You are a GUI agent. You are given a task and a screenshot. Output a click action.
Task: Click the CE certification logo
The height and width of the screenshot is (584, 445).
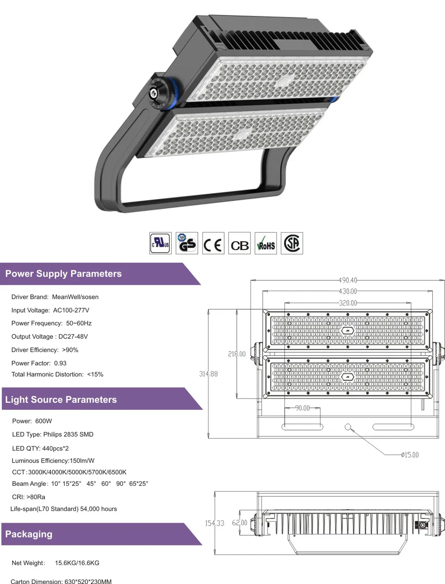tap(213, 243)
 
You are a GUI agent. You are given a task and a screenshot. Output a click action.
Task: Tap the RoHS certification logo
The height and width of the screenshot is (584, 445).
tap(266, 243)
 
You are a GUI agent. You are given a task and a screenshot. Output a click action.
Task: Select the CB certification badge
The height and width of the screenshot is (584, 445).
tap(239, 243)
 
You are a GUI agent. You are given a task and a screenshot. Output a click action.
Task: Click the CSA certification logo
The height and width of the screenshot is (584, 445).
tap(292, 243)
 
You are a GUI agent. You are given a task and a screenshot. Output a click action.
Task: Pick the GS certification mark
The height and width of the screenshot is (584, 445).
tap(187, 243)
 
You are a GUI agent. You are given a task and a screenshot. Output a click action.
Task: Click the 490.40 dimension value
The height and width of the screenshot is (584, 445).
tap(348, 280)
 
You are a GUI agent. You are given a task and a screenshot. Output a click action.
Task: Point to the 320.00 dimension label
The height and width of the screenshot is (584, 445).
tap(348, 303)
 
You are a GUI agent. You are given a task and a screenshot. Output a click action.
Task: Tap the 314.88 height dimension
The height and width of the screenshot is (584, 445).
tap(208, 374)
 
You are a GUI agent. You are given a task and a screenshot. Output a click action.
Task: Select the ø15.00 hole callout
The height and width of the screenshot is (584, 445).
tap(410, 455)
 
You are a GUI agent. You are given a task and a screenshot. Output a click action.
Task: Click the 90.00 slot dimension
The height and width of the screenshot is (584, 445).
tap(302, 408)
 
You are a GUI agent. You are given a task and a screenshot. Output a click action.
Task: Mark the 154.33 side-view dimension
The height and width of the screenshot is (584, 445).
tap(215, 523)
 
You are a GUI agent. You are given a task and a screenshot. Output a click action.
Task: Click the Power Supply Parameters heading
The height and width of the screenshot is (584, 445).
tap(63, 274)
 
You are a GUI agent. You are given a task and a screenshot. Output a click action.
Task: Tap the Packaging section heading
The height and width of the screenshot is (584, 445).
tap(29, 534)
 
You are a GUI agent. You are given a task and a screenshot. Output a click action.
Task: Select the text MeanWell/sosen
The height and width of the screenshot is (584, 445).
tap(75, 297)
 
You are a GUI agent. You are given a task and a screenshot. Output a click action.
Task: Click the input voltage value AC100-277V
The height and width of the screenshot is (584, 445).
tap(71, 310)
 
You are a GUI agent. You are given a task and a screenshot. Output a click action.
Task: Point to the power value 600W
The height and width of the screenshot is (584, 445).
tap(44, 421)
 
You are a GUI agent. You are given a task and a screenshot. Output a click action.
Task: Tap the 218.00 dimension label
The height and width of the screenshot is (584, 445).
tap(237, 354)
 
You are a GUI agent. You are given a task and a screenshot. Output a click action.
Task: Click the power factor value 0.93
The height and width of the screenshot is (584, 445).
tap(60, 363)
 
